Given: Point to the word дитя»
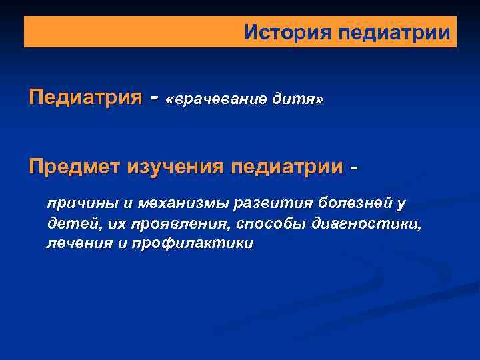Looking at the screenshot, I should point(298,99).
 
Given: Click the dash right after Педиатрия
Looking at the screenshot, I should point(155,99).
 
